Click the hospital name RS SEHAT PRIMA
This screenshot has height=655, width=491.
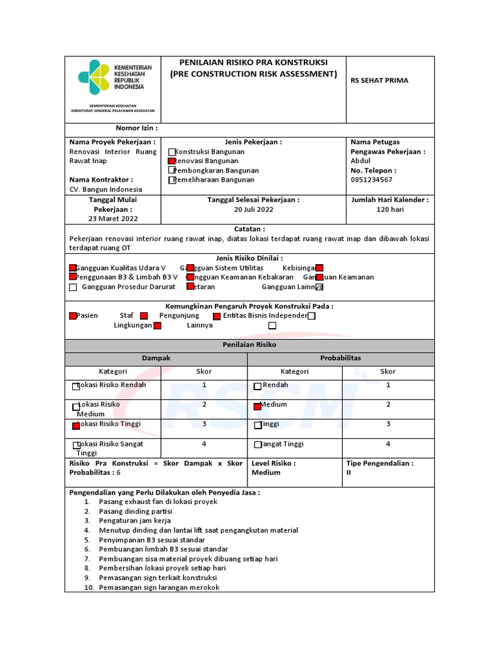click(379, 81)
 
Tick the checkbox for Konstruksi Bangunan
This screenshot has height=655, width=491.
click(172, 152)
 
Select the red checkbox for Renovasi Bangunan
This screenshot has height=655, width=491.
click(171, 162)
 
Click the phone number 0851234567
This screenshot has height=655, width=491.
click(371, 180)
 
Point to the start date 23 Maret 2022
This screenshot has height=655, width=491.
click(113, 219)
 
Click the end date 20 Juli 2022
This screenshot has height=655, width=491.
click(253, 210)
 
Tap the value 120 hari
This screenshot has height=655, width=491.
click(389, 210)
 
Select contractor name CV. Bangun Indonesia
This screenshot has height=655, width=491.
click(105, 190)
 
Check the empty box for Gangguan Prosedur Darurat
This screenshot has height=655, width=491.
click(73, 287)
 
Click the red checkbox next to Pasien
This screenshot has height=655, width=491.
click(73, 316)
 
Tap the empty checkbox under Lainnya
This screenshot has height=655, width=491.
click(272, 326)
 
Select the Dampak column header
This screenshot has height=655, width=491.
click(155, 358)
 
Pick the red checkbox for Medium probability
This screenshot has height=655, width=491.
click(258, 406)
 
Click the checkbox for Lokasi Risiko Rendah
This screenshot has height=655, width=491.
click(76, 386)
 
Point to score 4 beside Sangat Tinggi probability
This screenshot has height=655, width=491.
click(387, 444)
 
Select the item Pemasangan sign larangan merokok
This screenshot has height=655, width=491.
click(159, 587)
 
